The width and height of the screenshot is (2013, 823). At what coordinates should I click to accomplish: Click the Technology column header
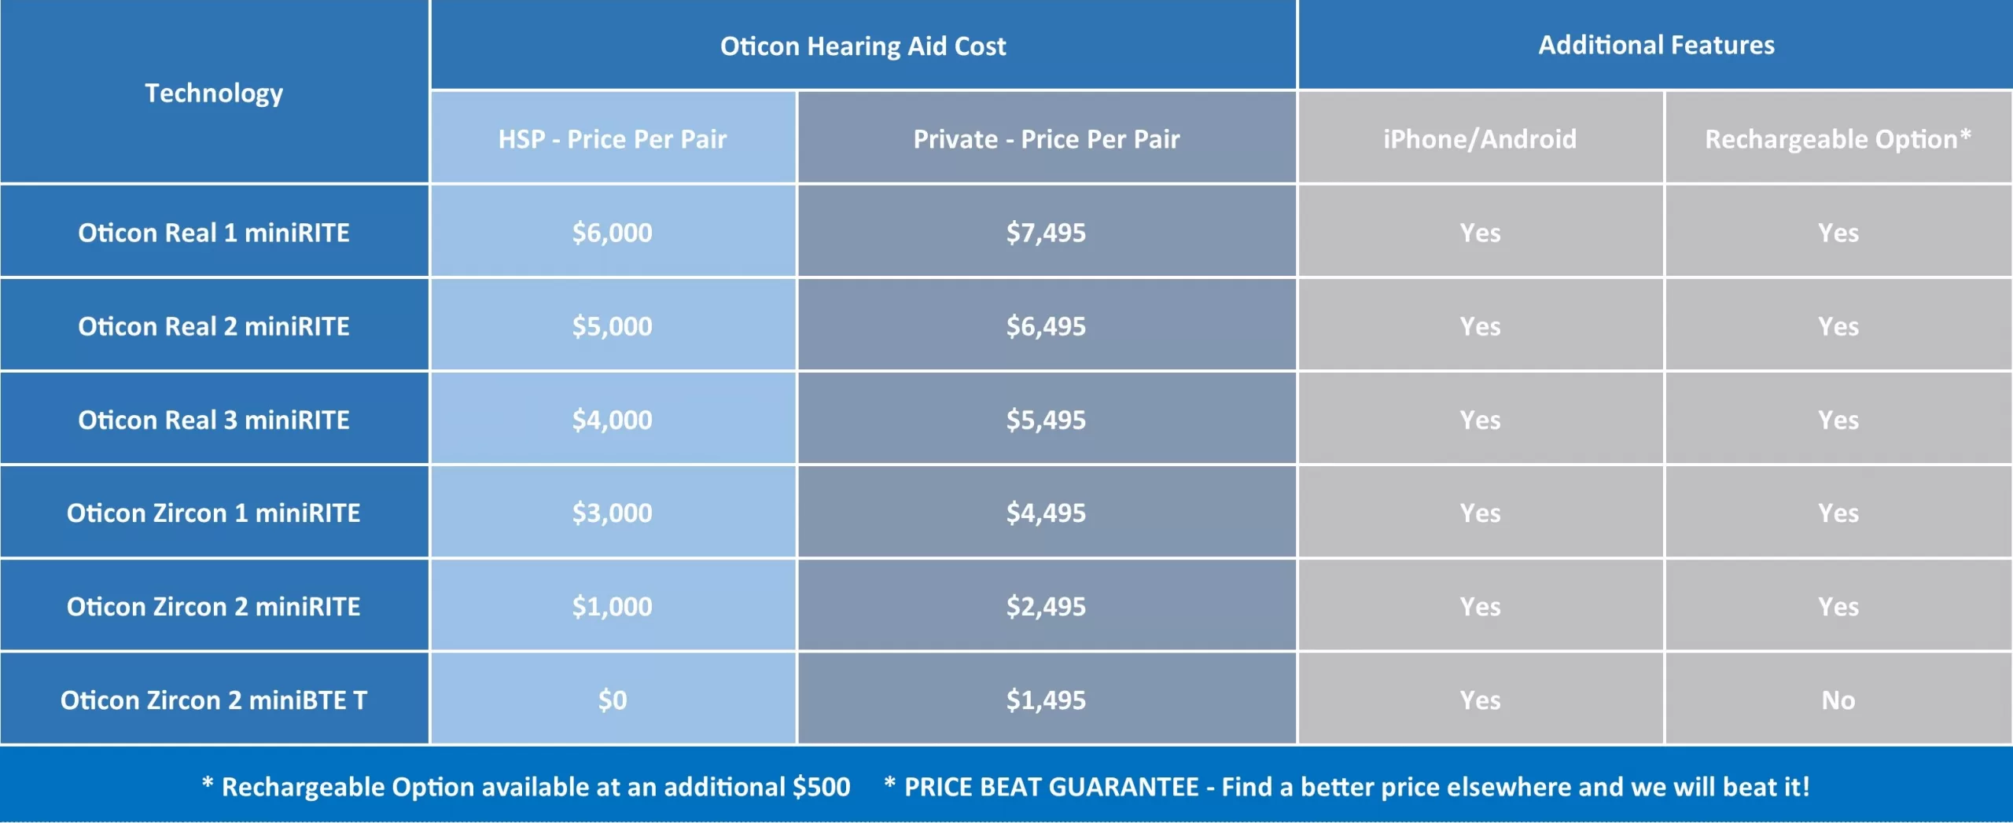[214, 94]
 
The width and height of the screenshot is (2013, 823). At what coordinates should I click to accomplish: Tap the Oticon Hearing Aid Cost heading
[863, 46]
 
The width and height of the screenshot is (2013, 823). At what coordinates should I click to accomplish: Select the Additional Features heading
[1656, 45]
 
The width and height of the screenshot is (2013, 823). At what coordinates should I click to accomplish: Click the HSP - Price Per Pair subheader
[613, 139]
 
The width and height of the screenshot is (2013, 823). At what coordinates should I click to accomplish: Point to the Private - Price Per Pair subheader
[1047, 139]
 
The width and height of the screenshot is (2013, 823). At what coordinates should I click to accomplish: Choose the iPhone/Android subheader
[1480, 139]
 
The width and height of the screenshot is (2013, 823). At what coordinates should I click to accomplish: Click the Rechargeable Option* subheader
[1838, 139]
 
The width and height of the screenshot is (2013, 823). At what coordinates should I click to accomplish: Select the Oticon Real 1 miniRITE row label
[214, 233]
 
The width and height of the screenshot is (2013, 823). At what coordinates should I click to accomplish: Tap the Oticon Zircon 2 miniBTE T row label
[214, 700]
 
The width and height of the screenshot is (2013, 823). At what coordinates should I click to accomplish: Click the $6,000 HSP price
[613, 233]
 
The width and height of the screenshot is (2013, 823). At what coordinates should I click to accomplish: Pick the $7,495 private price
[1047, 233]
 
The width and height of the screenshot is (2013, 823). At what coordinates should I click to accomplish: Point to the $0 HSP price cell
[613, 700]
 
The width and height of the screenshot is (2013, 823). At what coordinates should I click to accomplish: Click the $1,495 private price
[1047, 700]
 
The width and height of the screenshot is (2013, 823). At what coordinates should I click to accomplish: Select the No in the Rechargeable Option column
[1838, 700]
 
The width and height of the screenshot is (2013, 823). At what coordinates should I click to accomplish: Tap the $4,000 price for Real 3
[613, 420]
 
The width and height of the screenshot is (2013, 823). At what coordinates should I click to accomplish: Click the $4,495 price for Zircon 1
[1047, 513]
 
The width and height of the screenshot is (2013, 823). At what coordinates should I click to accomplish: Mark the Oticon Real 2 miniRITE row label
[214, 326]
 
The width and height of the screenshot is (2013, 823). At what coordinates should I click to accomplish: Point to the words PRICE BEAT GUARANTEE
[1051, 787]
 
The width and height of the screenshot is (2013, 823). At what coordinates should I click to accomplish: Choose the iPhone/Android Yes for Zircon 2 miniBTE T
[1480, 700]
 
